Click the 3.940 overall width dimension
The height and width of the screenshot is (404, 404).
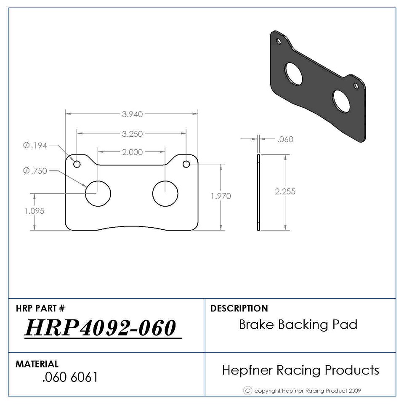point(132,114)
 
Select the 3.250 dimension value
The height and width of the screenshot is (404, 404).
point(132,134)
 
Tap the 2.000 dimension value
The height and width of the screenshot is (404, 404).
point(132,152)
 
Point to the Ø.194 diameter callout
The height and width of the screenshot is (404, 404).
point(35,146)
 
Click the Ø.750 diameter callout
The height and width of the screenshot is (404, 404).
point(35,170)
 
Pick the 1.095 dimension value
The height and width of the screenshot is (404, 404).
point(34,211)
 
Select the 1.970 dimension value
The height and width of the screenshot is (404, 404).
point(221,196)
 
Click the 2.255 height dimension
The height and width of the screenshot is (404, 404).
point(285,191)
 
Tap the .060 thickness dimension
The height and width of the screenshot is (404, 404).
point(285,139)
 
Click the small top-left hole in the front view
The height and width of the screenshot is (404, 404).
point(77,164)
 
